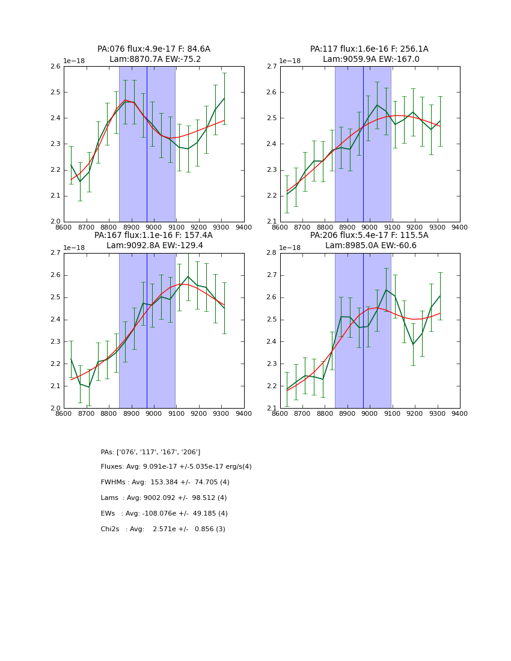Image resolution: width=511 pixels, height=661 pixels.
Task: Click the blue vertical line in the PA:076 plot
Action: [147, 144]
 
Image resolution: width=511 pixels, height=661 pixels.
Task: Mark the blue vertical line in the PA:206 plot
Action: [363, 330]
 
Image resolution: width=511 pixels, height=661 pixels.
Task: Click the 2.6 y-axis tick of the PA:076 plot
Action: [55, 67]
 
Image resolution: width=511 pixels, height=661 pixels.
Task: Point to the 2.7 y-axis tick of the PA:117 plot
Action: [271, 67]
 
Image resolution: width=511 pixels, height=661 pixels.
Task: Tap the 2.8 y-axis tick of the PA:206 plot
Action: [271, 253]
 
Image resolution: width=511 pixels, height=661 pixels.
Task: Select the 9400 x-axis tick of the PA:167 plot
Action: [243, 413]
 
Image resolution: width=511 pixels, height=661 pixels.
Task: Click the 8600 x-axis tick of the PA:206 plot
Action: [280, 413]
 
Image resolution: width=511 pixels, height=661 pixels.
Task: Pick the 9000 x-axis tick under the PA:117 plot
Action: [370, 227]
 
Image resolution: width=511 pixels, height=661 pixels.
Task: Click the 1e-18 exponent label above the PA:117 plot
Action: [290, 61]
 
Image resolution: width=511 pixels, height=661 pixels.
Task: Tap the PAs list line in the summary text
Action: [150, 452]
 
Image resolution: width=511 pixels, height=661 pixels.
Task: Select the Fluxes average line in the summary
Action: [176, 467]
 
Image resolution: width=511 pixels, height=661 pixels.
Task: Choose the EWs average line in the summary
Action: [164, 514]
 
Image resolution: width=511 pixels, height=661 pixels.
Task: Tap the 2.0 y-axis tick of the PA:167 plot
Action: [55, 408]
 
